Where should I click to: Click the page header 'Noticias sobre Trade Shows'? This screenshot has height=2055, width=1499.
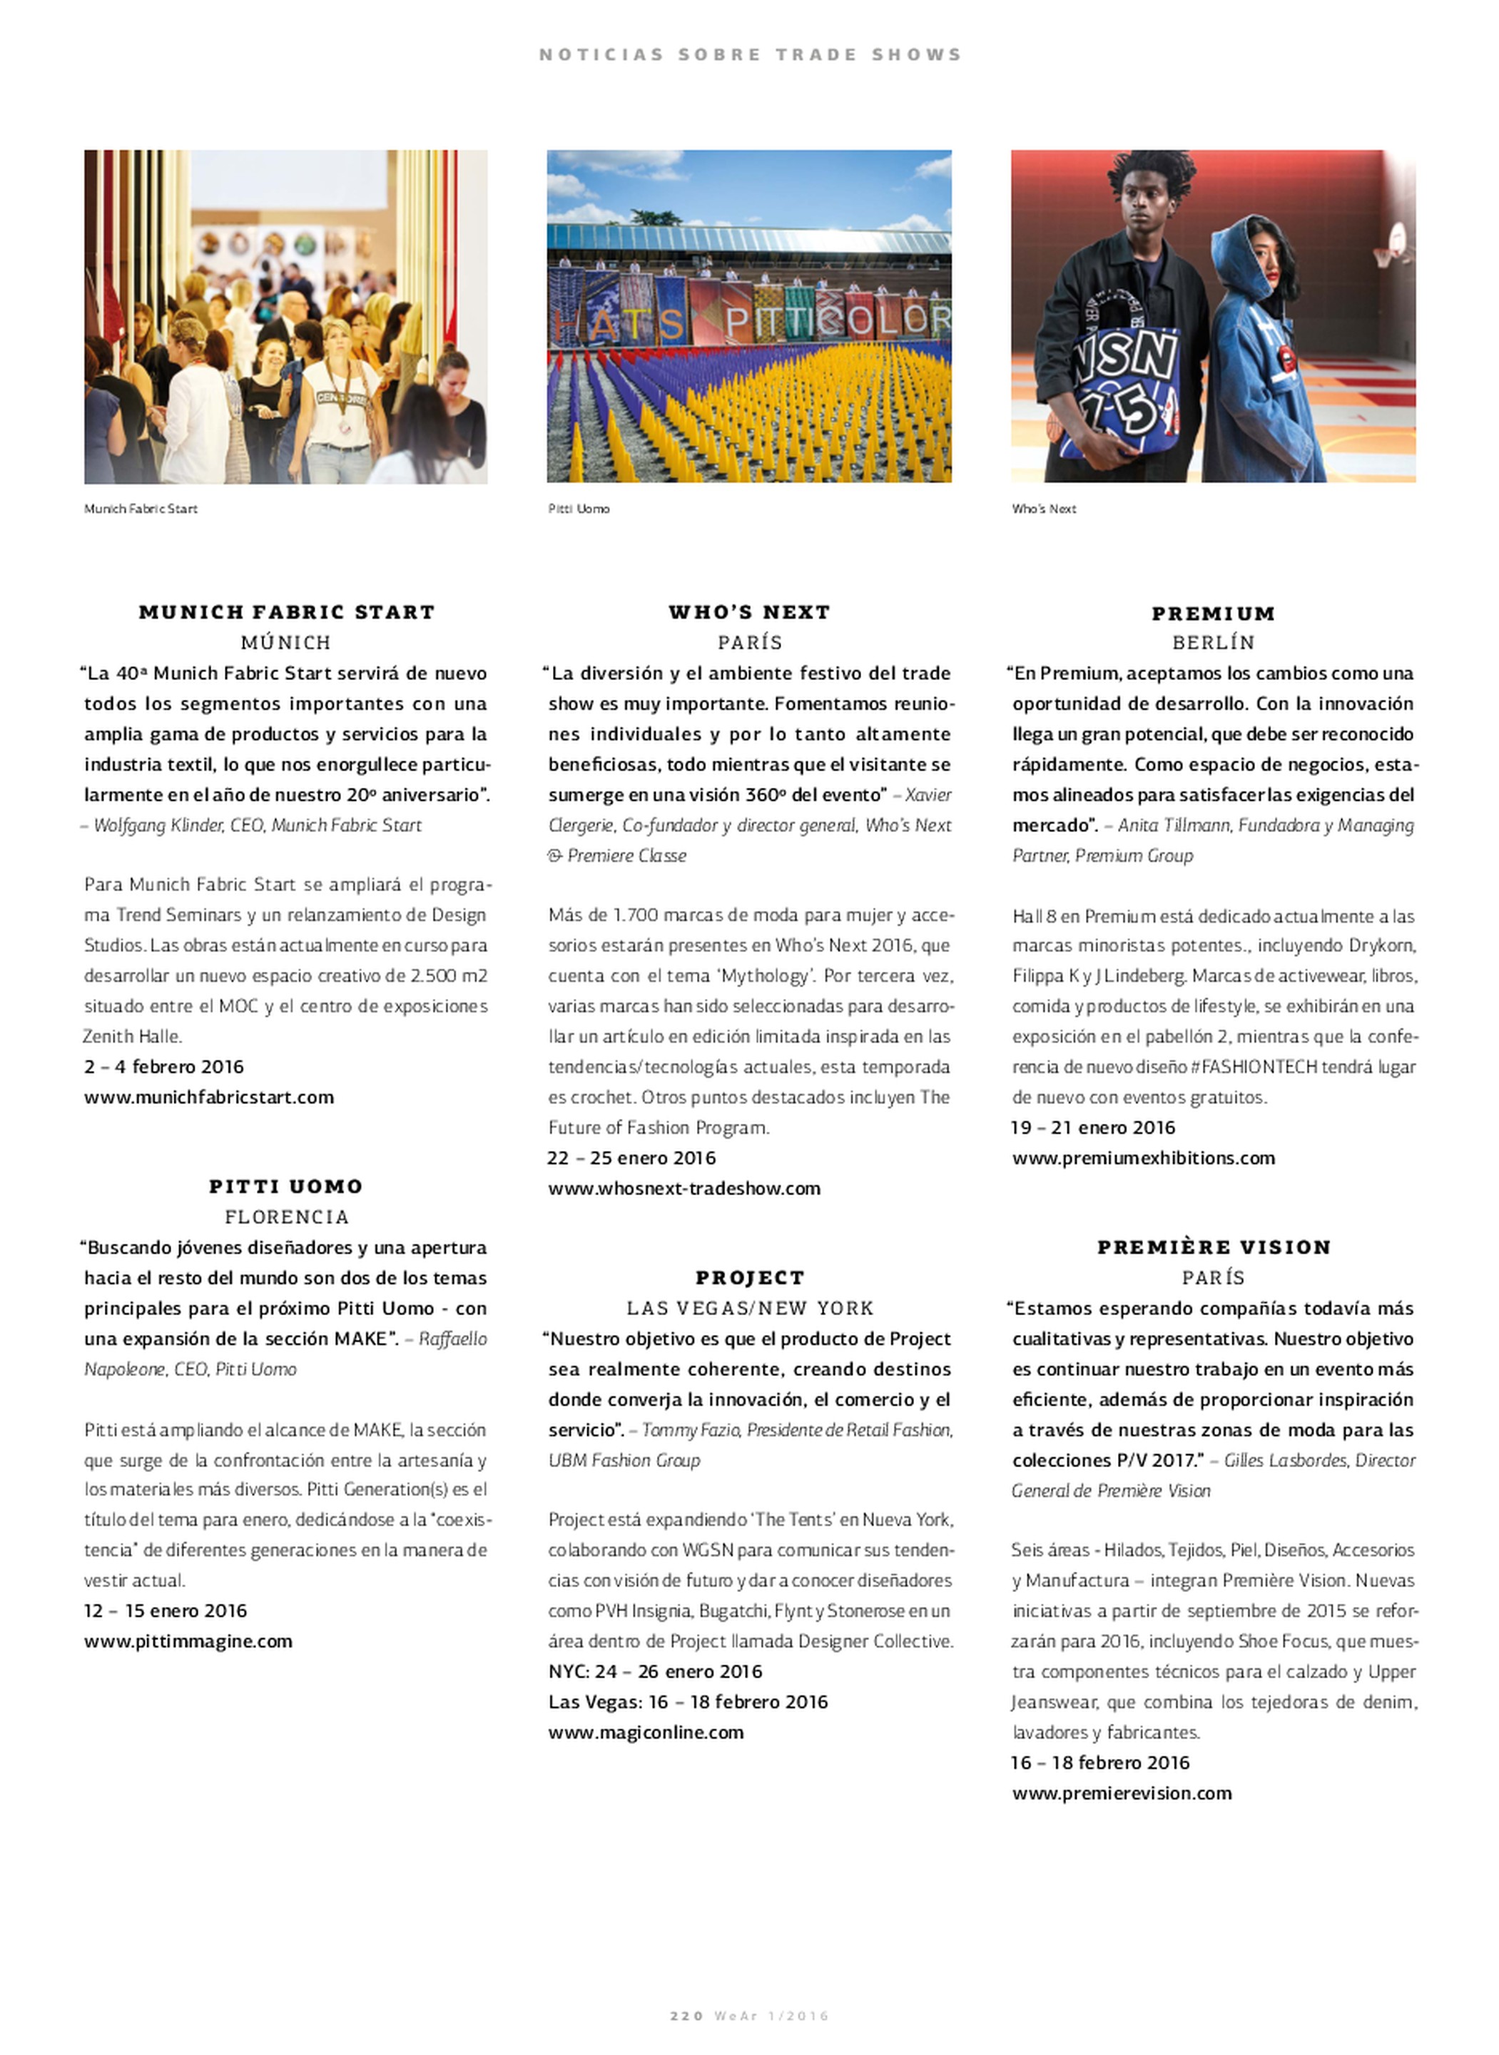(749, 54)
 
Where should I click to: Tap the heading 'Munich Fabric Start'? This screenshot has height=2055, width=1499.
(286, 612)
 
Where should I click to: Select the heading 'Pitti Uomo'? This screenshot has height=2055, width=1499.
(286, 1186)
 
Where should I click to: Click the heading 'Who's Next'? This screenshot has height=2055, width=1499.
(749, 612)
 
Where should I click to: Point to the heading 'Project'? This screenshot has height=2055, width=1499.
(749, 1277)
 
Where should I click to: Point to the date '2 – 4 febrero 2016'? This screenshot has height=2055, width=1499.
(164, 1066)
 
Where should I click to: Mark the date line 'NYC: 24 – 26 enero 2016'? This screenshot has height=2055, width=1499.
(654, 1671)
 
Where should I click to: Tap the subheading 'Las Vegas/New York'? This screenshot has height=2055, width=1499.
(749, 1309)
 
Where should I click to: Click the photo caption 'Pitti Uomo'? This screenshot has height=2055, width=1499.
(579, 509)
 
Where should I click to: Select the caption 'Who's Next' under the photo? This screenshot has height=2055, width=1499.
(1044, 509)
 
